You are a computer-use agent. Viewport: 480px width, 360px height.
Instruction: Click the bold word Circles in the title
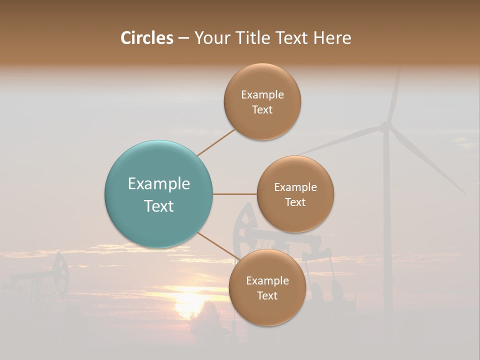point(146,38)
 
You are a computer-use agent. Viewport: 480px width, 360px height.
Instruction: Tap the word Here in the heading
point(332,38)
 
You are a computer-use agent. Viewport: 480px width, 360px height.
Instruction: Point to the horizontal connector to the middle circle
point(234,194)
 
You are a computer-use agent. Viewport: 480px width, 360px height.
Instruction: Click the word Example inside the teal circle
point(158,184)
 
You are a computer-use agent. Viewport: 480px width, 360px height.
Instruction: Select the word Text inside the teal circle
point(158,206)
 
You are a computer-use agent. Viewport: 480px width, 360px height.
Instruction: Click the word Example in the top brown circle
point(262,95)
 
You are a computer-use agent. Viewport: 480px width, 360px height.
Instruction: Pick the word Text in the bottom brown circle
point(267,296)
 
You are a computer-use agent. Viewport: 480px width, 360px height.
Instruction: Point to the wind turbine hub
point(385,126)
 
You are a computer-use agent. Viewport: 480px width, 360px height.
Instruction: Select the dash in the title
point(183,38)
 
